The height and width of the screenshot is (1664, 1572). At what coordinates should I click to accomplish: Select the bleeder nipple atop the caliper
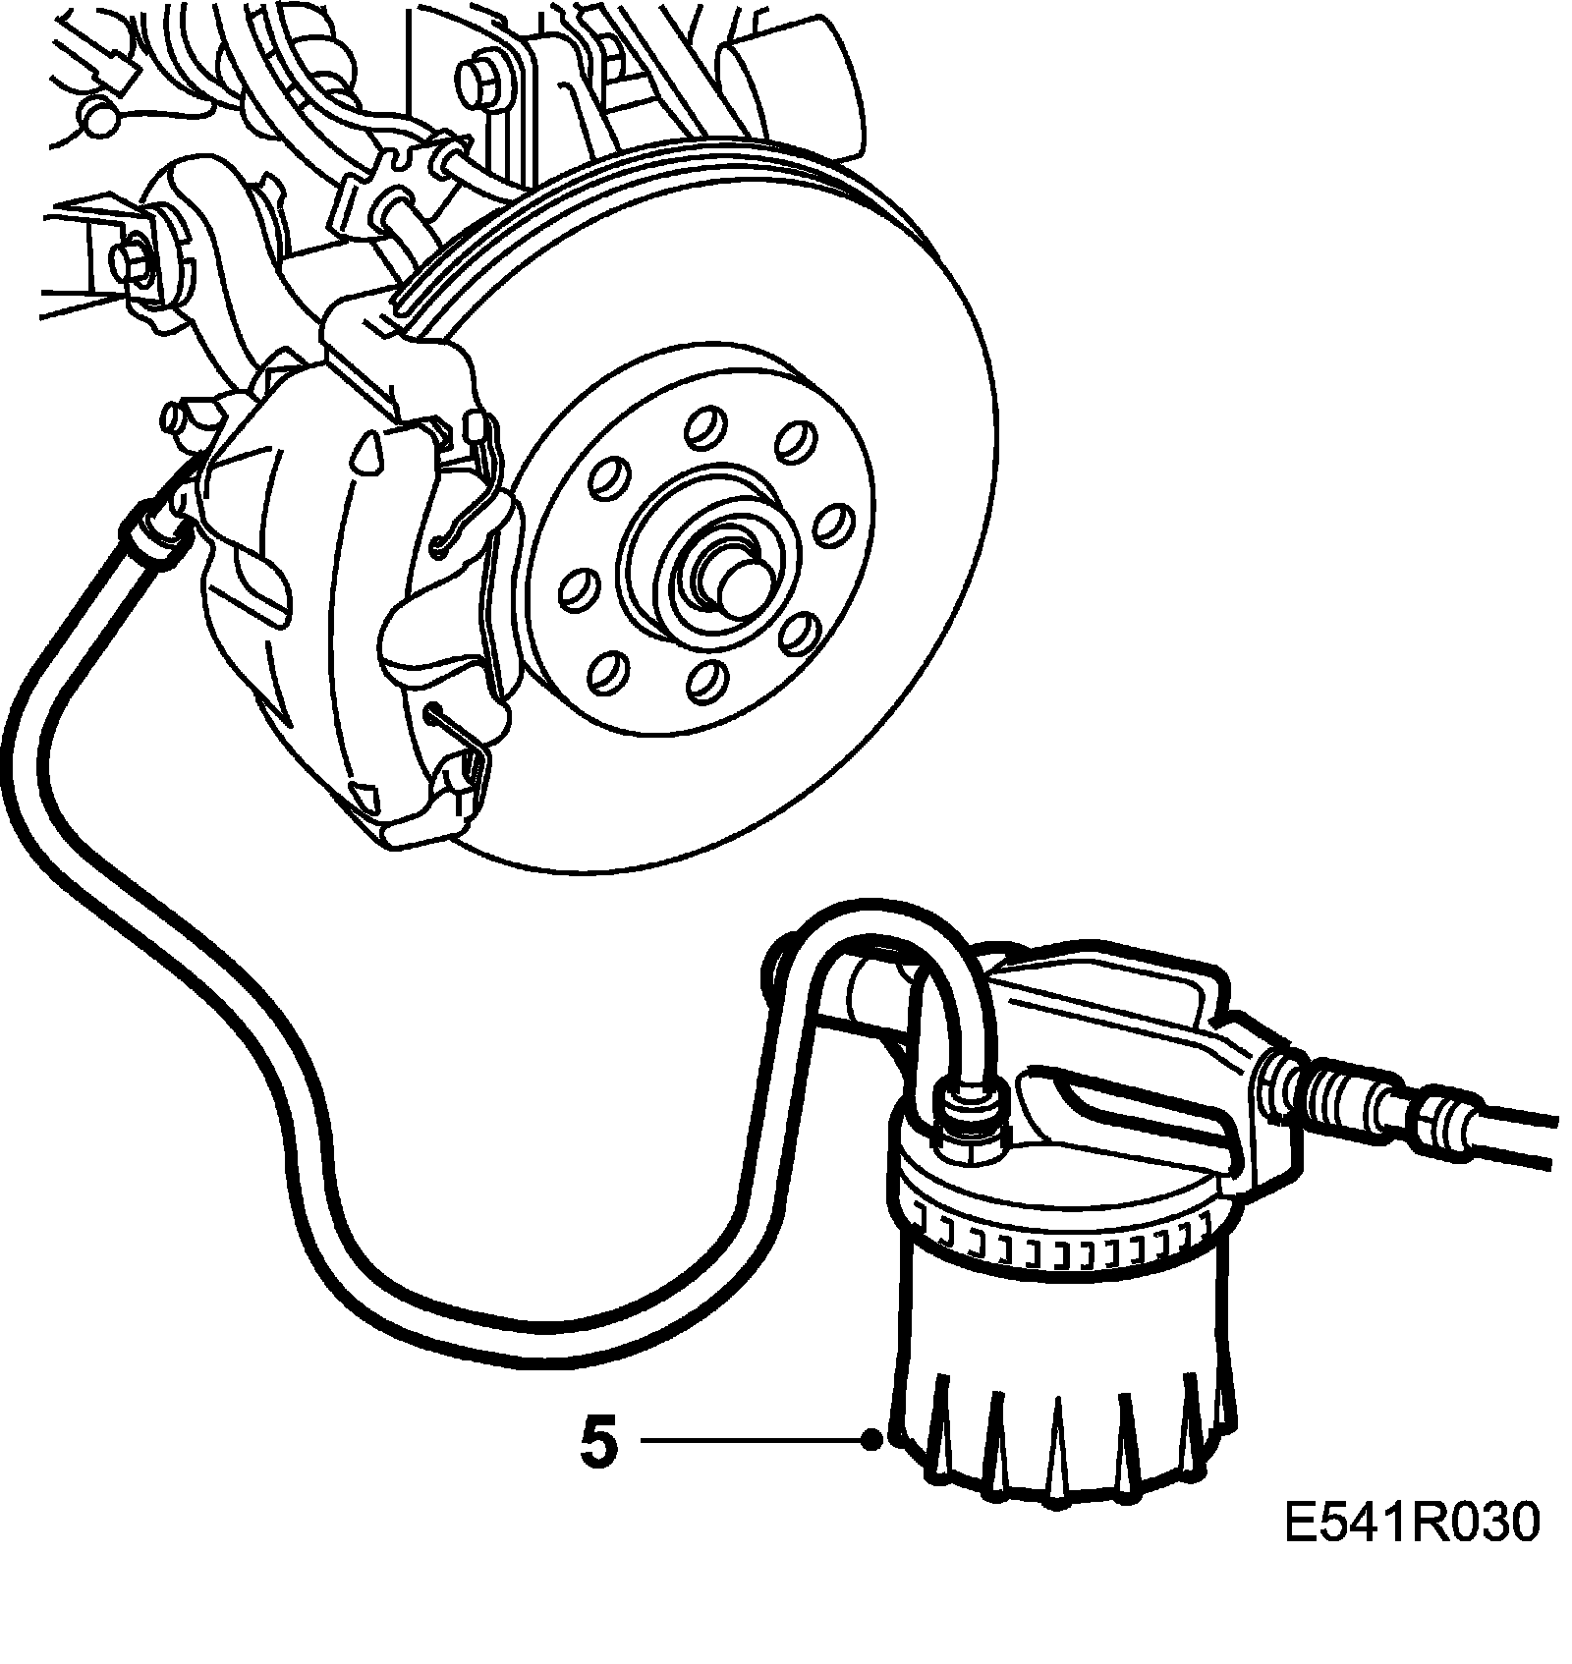[x=182, y=418]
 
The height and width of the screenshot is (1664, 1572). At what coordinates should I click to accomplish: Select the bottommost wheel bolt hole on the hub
[x=704, y=680]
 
